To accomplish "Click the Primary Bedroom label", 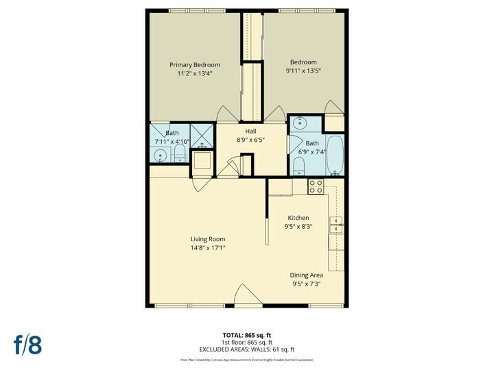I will point(195,64).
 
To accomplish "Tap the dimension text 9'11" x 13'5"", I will point(303,70).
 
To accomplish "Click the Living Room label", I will point(208,239).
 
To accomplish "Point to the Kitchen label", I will point(298,218).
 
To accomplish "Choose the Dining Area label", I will point(307,275).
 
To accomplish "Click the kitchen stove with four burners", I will point(316,186).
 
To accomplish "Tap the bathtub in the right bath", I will point(336,156).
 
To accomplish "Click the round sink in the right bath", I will point(300,123).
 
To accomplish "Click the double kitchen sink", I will point(336,225).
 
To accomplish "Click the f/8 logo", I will point(27,345).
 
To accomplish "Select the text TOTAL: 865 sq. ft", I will point(246,334).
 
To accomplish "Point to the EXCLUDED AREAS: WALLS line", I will point(246,349).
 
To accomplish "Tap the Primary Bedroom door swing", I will point(226,114).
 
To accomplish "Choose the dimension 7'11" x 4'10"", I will point(172,142).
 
